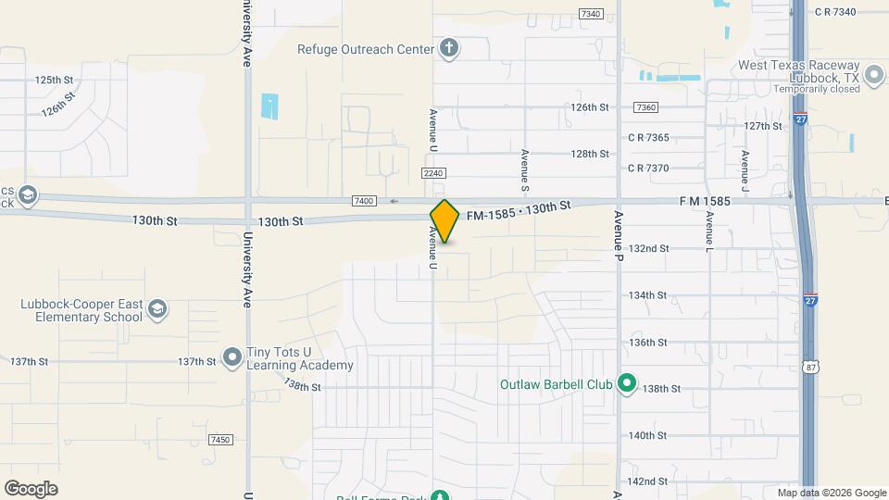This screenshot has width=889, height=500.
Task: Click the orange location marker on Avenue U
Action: point(444,220)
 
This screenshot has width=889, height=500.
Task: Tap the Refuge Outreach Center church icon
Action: point(449,48)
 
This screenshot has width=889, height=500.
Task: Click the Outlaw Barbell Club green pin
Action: point(627,382)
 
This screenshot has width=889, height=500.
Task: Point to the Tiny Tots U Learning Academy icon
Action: point(232,358)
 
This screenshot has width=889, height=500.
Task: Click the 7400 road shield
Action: point(364,201)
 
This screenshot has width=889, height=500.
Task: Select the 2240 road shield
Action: point(434,173)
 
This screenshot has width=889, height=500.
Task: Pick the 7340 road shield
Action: point(590,14)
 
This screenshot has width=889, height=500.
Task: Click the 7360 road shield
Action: point(646,107)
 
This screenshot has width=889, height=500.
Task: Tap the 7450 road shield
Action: point(220,440)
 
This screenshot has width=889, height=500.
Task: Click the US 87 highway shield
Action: point(811,367)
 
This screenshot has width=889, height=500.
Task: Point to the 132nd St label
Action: point(648,248)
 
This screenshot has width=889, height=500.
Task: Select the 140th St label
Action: point(648,435)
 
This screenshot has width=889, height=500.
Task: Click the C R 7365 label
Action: point(647,137)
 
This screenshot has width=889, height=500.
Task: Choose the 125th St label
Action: point(54,81)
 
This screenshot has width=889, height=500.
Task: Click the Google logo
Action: point(31,488)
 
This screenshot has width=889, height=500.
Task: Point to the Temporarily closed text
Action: point(818,89)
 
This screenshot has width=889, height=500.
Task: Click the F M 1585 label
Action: point(705,200)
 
